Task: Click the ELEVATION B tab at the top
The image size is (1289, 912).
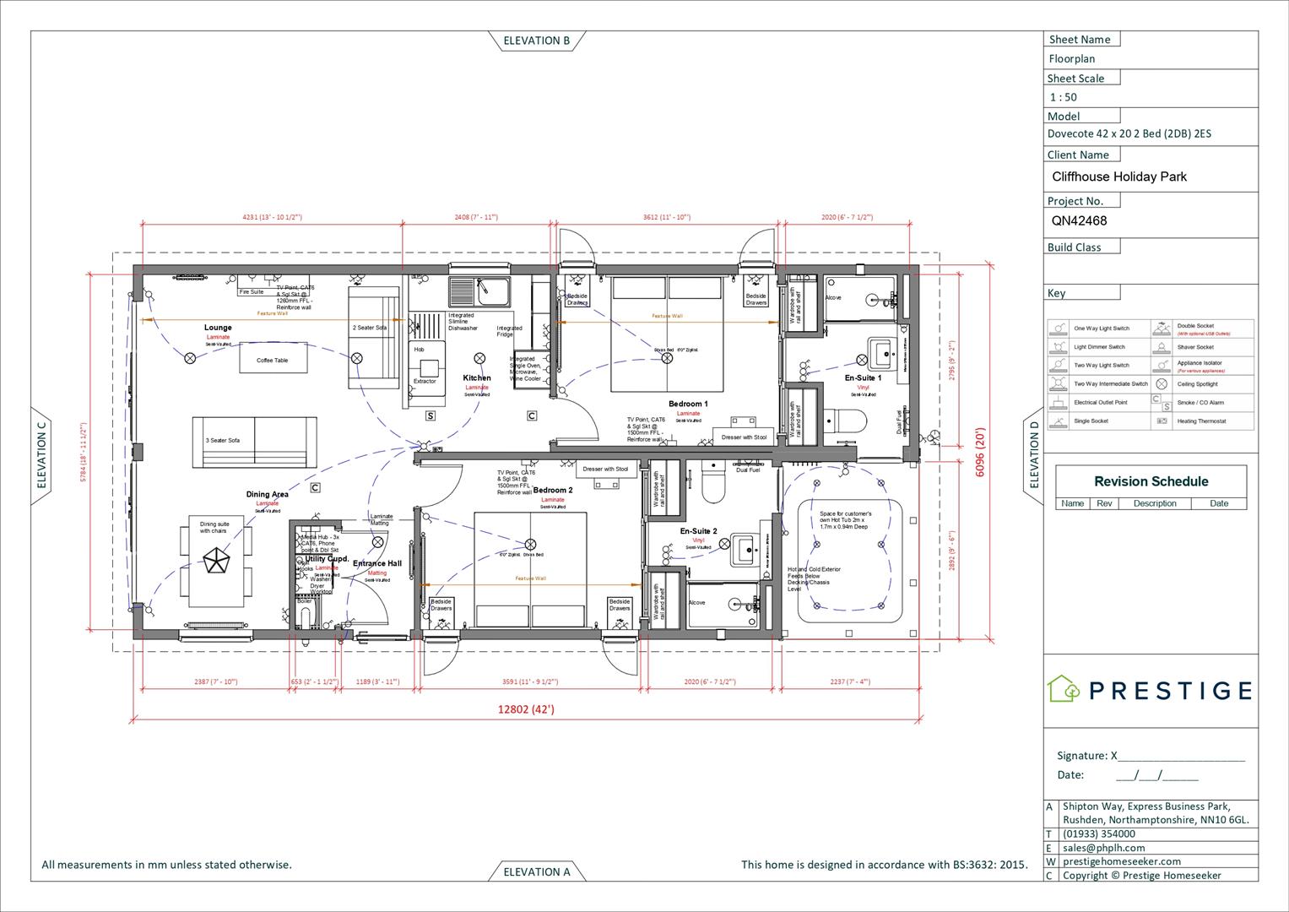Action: point(536,41)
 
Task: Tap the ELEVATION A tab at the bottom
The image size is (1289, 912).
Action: point(536,871)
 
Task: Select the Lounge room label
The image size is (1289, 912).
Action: point(218,328)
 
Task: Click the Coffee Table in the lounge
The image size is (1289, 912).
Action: point(272,361)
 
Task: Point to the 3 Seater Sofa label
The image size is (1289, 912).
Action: point(223,441)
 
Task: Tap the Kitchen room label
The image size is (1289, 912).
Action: point(477,378)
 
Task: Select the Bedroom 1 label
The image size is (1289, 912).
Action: point(688,404)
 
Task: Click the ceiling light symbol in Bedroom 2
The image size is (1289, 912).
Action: point(530,544)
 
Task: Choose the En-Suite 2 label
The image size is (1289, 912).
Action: point(698,531)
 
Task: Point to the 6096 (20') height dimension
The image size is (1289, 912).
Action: point(979,453)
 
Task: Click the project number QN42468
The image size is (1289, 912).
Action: point(1079,221)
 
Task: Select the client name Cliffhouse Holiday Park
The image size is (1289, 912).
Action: point(1118,176)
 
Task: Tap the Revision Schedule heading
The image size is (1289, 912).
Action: point(1151,481)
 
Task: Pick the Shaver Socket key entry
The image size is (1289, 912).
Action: point(1195,347)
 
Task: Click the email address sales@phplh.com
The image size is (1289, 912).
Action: point(1103,848)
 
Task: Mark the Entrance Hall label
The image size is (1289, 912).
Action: point(376,563)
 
